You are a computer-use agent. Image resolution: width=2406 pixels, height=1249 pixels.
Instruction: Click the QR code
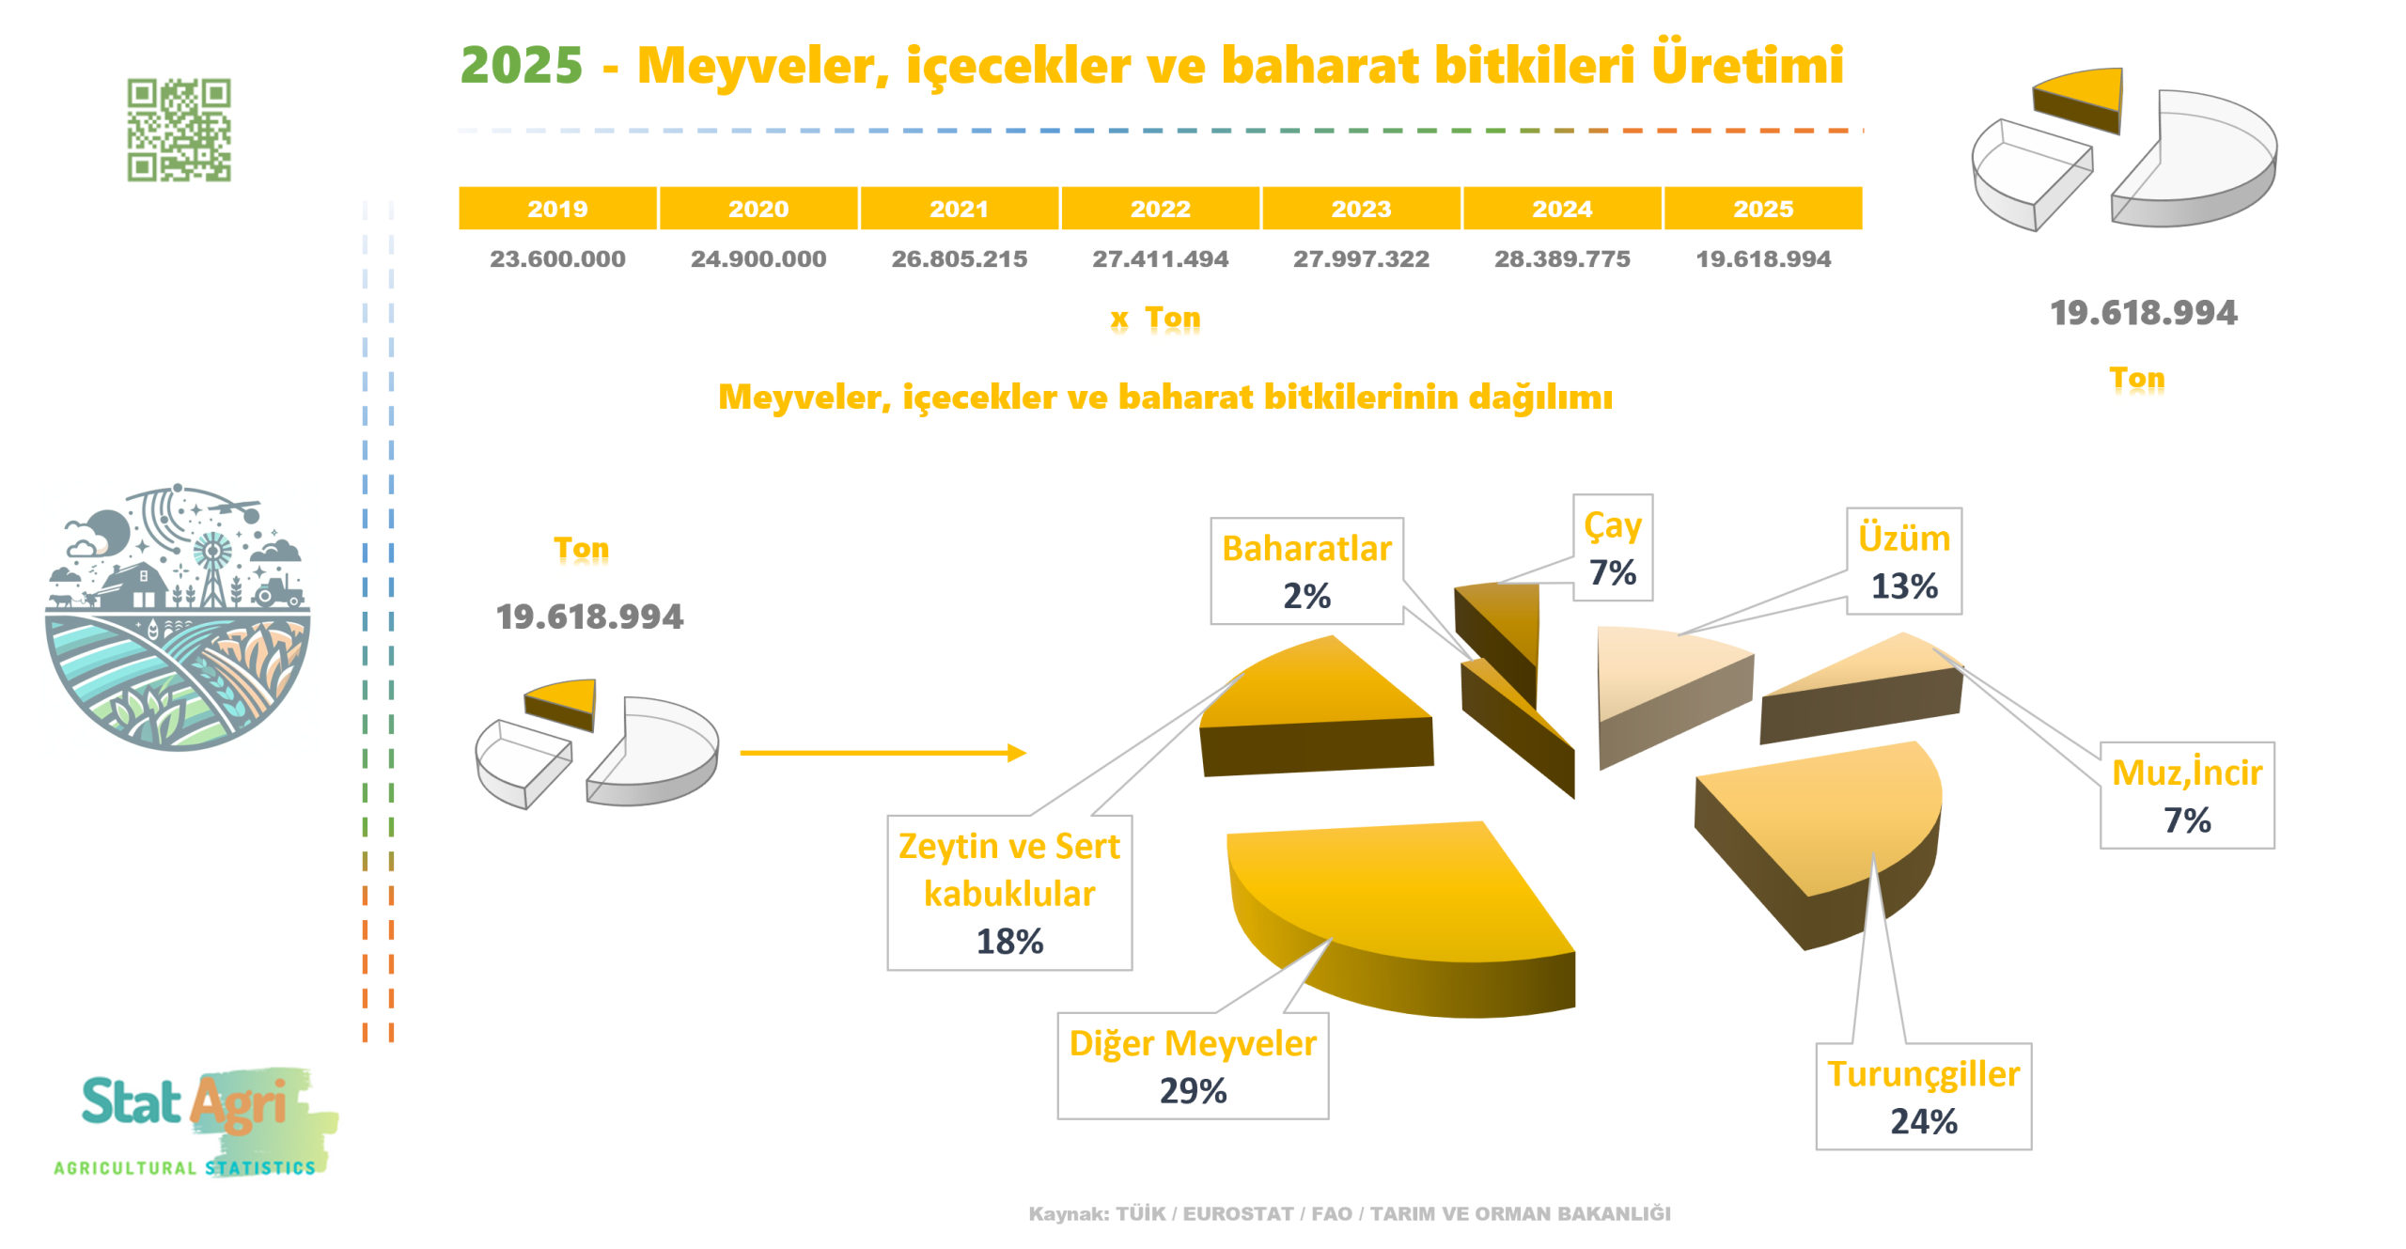(x=179, y=130)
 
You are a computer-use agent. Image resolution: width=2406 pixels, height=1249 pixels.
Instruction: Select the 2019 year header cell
(x=557, y=208)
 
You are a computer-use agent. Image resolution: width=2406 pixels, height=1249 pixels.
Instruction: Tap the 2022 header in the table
(x=1160, y=208)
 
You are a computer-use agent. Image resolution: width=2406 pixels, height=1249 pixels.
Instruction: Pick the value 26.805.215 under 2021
(x=959, y=258)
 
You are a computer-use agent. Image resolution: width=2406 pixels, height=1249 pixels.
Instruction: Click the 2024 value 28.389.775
(x=1561, y=258)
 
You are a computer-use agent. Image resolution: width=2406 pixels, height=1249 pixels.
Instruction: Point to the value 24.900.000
(x=758, y=258)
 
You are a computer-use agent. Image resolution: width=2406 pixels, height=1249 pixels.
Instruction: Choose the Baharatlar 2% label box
(x=1306, y=570)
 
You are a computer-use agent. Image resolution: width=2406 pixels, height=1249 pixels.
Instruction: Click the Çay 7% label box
(x=1612, y=548)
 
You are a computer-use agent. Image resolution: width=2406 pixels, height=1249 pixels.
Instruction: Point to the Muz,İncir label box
(x=2186, y=795)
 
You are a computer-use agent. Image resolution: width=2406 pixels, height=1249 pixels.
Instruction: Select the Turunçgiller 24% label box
(x=1923, y=1096)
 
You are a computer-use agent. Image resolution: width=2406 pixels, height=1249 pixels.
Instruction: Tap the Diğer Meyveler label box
(x=1192, y=1066)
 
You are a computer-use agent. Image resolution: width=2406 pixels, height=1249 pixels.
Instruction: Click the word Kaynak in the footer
(x=1068, y=1213)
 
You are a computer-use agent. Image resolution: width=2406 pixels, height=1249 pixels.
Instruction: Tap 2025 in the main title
(x=522, y=65)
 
